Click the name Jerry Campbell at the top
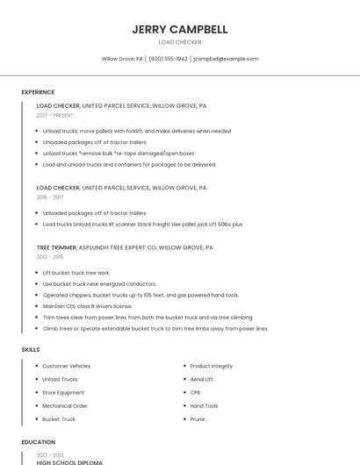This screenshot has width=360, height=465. (180, 29)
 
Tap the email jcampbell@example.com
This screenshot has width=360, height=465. (226, 59)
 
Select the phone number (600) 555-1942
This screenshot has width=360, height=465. (169, 59)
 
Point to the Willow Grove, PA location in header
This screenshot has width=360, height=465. (122, 59)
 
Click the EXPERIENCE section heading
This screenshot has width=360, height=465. (38, 91)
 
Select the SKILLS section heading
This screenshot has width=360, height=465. (31, 349)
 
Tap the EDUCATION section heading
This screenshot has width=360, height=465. (38, 442)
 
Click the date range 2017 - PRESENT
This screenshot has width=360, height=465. (55, 115)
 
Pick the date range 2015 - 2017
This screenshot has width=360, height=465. (50, 197)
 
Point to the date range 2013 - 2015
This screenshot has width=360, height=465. (50, 257)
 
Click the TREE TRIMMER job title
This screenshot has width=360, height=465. (56, 248)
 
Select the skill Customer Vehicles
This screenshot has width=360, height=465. (67, 366)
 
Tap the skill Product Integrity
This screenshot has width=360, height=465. (212, 366)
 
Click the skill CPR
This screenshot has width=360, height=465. (195, 392)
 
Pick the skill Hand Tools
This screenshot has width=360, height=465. (205, 406)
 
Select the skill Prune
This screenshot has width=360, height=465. (198, 419)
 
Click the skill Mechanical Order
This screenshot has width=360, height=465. (65, 406)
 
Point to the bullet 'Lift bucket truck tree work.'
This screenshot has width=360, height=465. (76, 273)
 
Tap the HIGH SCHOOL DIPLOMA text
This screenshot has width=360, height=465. (69, 461)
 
